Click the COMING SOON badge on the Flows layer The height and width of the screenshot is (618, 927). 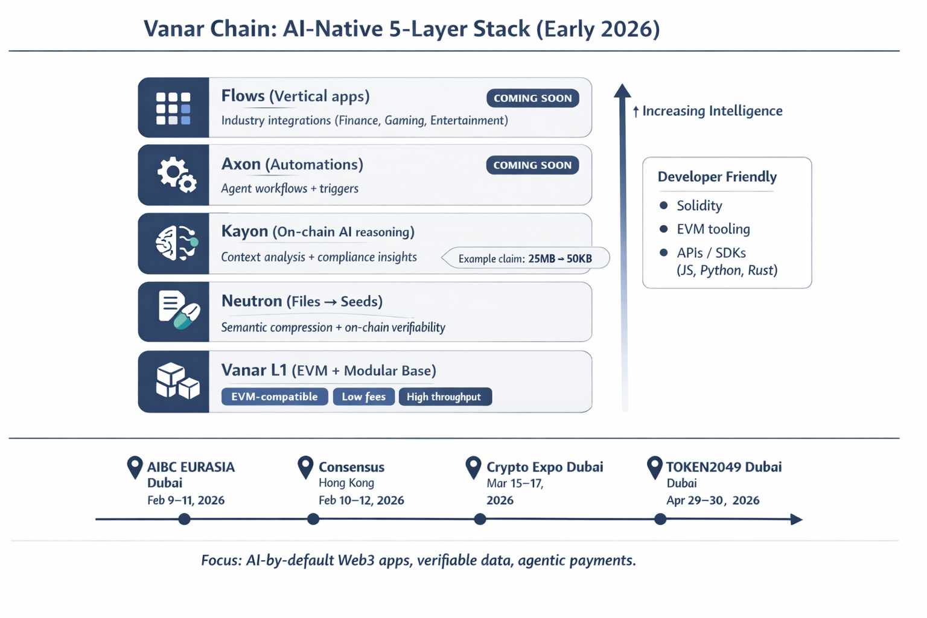(532, 98)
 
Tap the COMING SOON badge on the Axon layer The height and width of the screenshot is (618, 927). (532, 165)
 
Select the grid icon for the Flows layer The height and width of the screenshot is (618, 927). (173, 108)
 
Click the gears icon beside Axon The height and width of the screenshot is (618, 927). (176, 175)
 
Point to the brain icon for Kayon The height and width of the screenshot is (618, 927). (176, 243)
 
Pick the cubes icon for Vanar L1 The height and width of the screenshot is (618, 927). (177, 381)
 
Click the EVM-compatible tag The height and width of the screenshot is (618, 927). (275, 397)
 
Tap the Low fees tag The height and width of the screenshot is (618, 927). (363, 397)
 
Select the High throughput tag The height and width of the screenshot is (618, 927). (445, 397)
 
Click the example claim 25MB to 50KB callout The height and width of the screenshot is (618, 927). (525, 258)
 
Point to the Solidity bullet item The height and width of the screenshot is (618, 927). (699, 206)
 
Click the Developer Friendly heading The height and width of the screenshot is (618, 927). (717, 177)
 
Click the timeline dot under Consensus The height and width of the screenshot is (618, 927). (313, 519)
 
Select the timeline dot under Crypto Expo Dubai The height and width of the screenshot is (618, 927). (480, 519)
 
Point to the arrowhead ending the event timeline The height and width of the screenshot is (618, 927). (797, 519)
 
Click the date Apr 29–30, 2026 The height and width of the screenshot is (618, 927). (712, 500)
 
